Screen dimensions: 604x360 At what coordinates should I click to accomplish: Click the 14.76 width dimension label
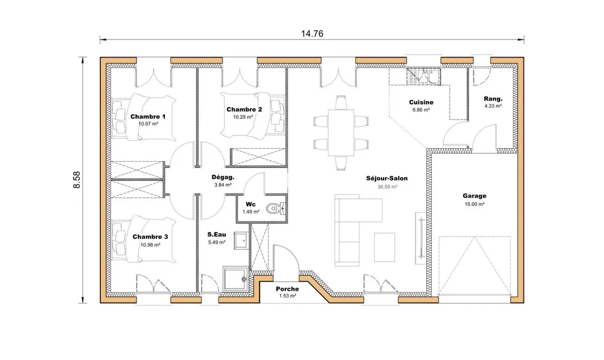(312, 34)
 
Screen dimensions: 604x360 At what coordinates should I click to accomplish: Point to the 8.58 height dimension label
(77, 179)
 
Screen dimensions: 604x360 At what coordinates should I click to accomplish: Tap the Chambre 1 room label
(148, 116)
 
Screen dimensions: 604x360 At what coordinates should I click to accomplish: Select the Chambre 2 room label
(244, 109)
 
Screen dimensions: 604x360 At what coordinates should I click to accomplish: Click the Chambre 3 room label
(150, 237)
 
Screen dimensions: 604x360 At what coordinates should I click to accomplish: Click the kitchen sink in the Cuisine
(424, 76)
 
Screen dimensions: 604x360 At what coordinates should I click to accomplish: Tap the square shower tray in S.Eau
(235, 278)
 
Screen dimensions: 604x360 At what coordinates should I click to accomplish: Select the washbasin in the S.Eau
(242, 241)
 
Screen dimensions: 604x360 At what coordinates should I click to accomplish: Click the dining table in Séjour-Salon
(341, 133)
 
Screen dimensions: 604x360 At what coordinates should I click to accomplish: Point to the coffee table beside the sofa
(384, 247)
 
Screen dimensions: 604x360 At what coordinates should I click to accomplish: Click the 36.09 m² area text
(387, 187)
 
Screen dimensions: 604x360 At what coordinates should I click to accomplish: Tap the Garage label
(474, 196)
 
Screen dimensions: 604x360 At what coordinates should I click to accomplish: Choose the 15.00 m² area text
(474, 204)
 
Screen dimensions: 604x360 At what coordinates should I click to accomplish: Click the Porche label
(288, 289)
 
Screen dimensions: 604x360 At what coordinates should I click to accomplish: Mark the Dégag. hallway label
(223, 178)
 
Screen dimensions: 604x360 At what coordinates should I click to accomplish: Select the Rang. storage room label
(493, 99)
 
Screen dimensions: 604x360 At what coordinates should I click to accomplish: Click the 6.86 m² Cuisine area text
(421, 110)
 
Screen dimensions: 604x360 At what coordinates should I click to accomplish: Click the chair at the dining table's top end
(341, 102)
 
